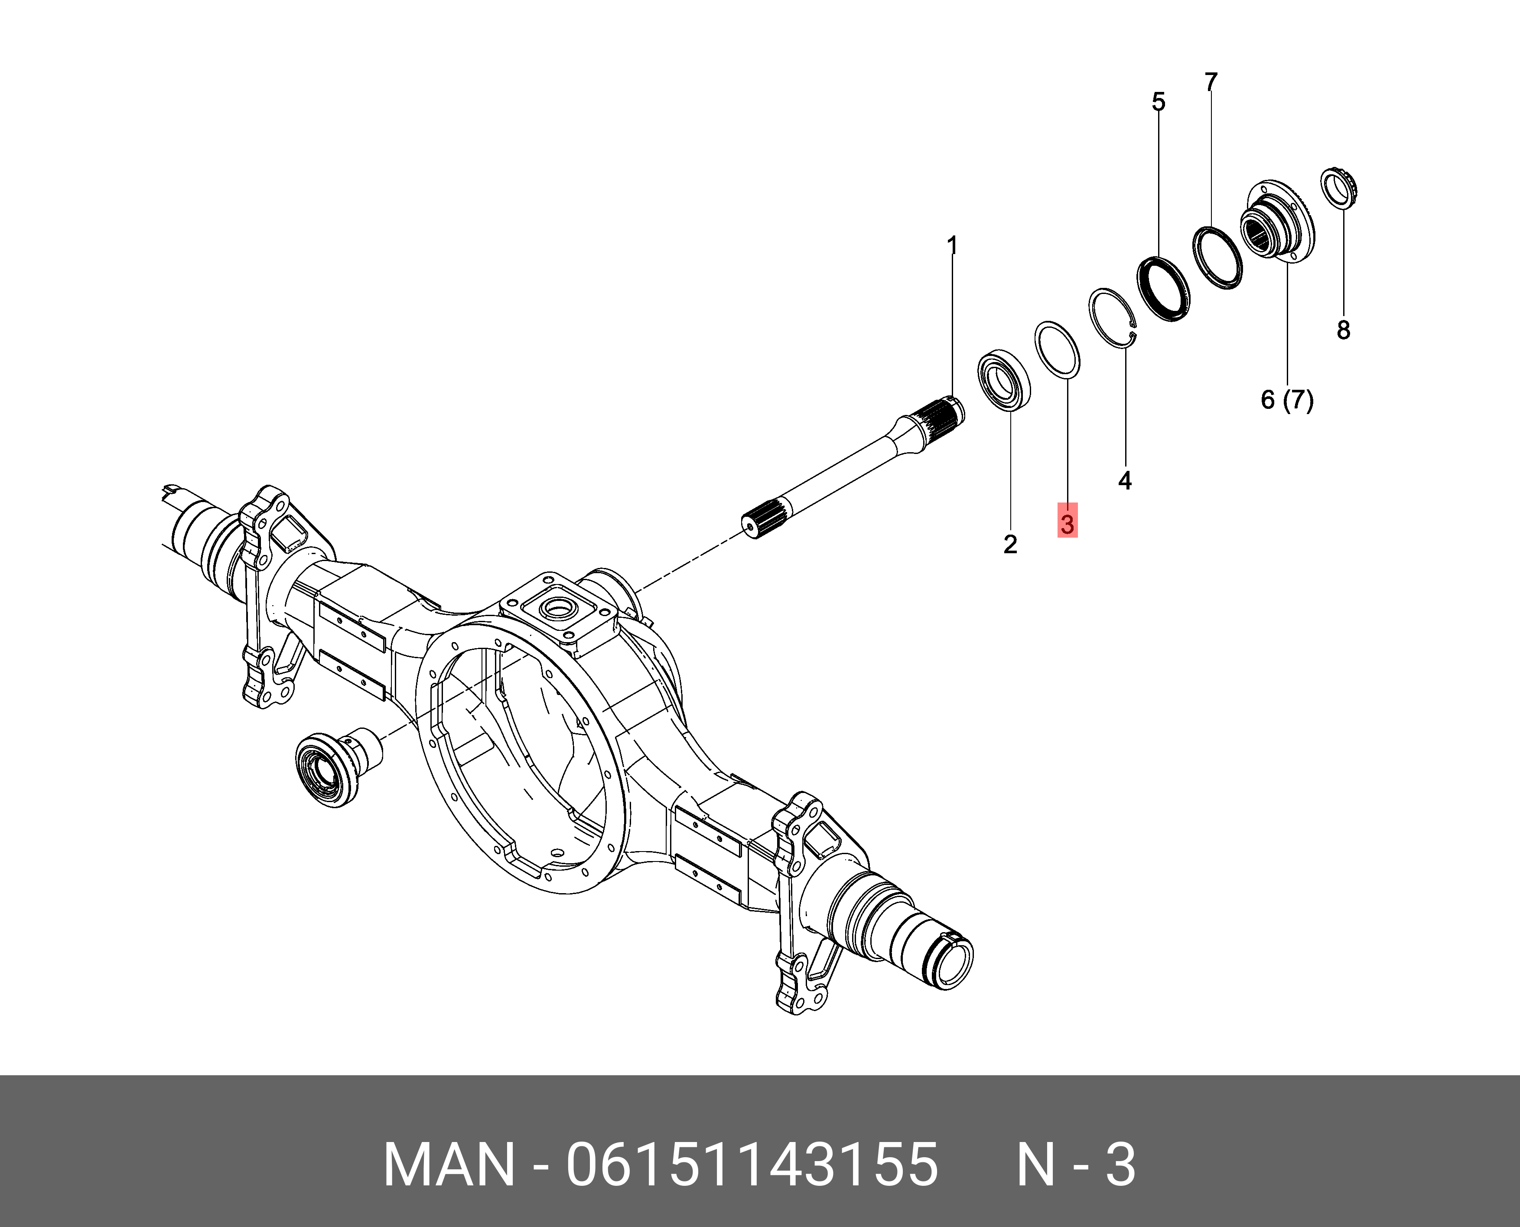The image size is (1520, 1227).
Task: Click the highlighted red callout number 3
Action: (1067, 524)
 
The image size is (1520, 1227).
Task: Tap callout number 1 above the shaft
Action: (952, 246)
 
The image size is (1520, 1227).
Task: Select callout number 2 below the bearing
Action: (1010, 544)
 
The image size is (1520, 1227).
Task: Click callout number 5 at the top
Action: (1158, 102)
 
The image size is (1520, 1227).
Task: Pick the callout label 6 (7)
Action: (1287, 400)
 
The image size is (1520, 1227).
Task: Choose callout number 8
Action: (1343, 330)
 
